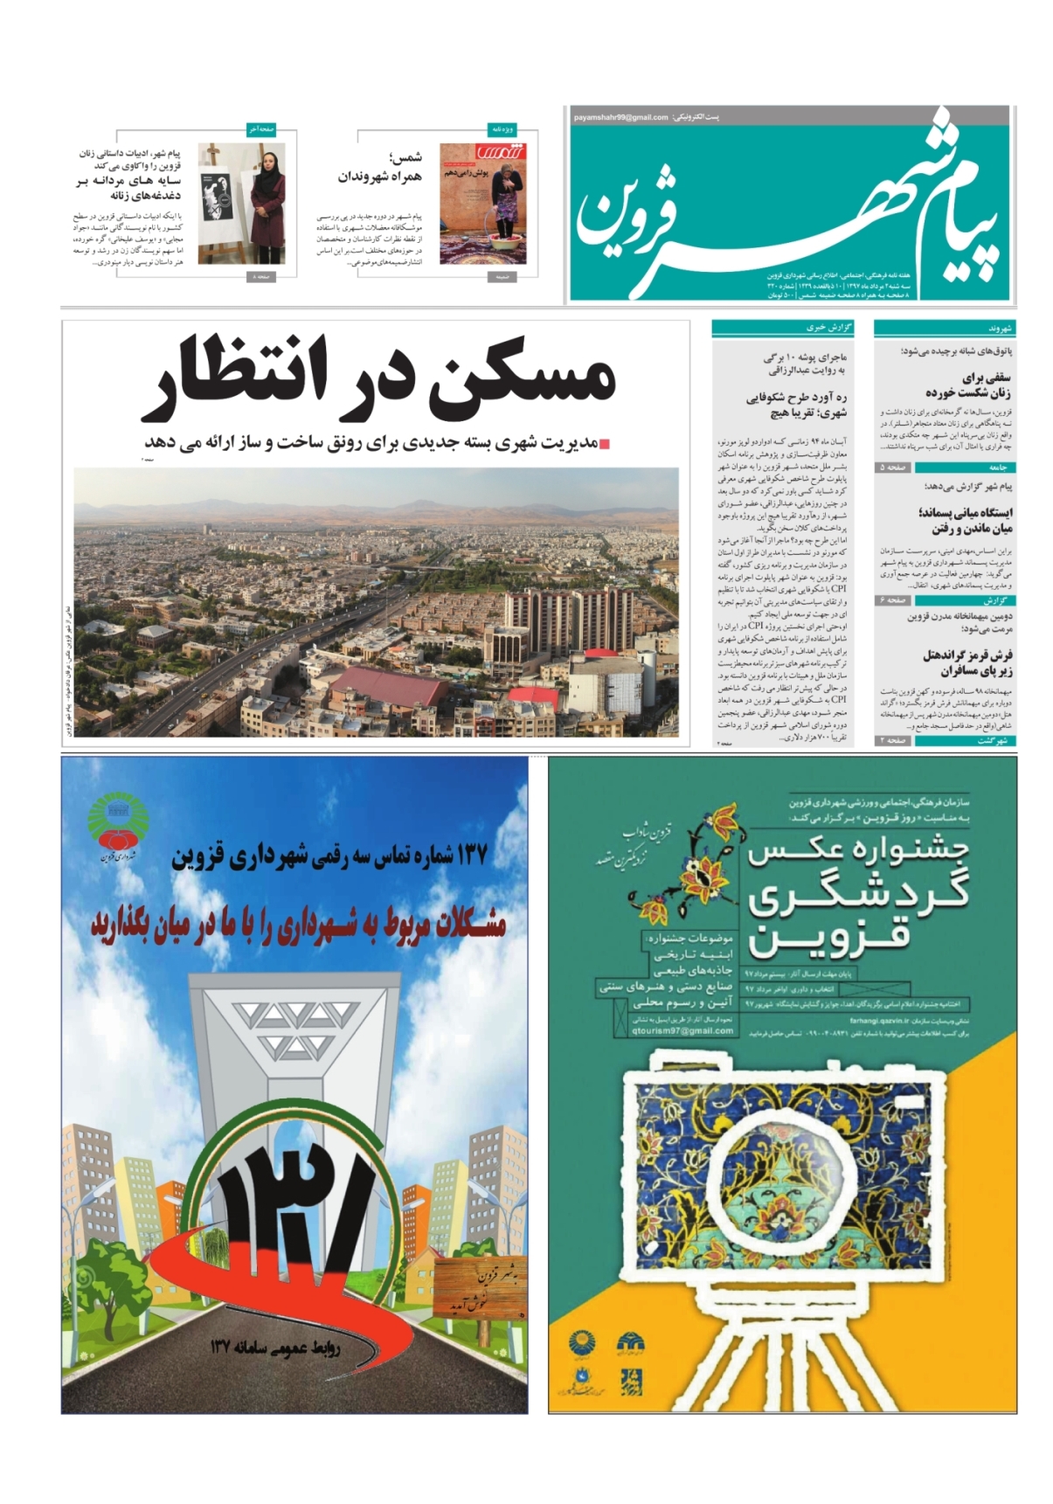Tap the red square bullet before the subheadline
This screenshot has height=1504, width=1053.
point(604,445)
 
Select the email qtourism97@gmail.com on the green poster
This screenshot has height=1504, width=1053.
point(682,1030)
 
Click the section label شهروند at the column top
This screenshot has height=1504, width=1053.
point(999,328)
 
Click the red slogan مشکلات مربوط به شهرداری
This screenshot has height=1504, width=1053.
point(297,925)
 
